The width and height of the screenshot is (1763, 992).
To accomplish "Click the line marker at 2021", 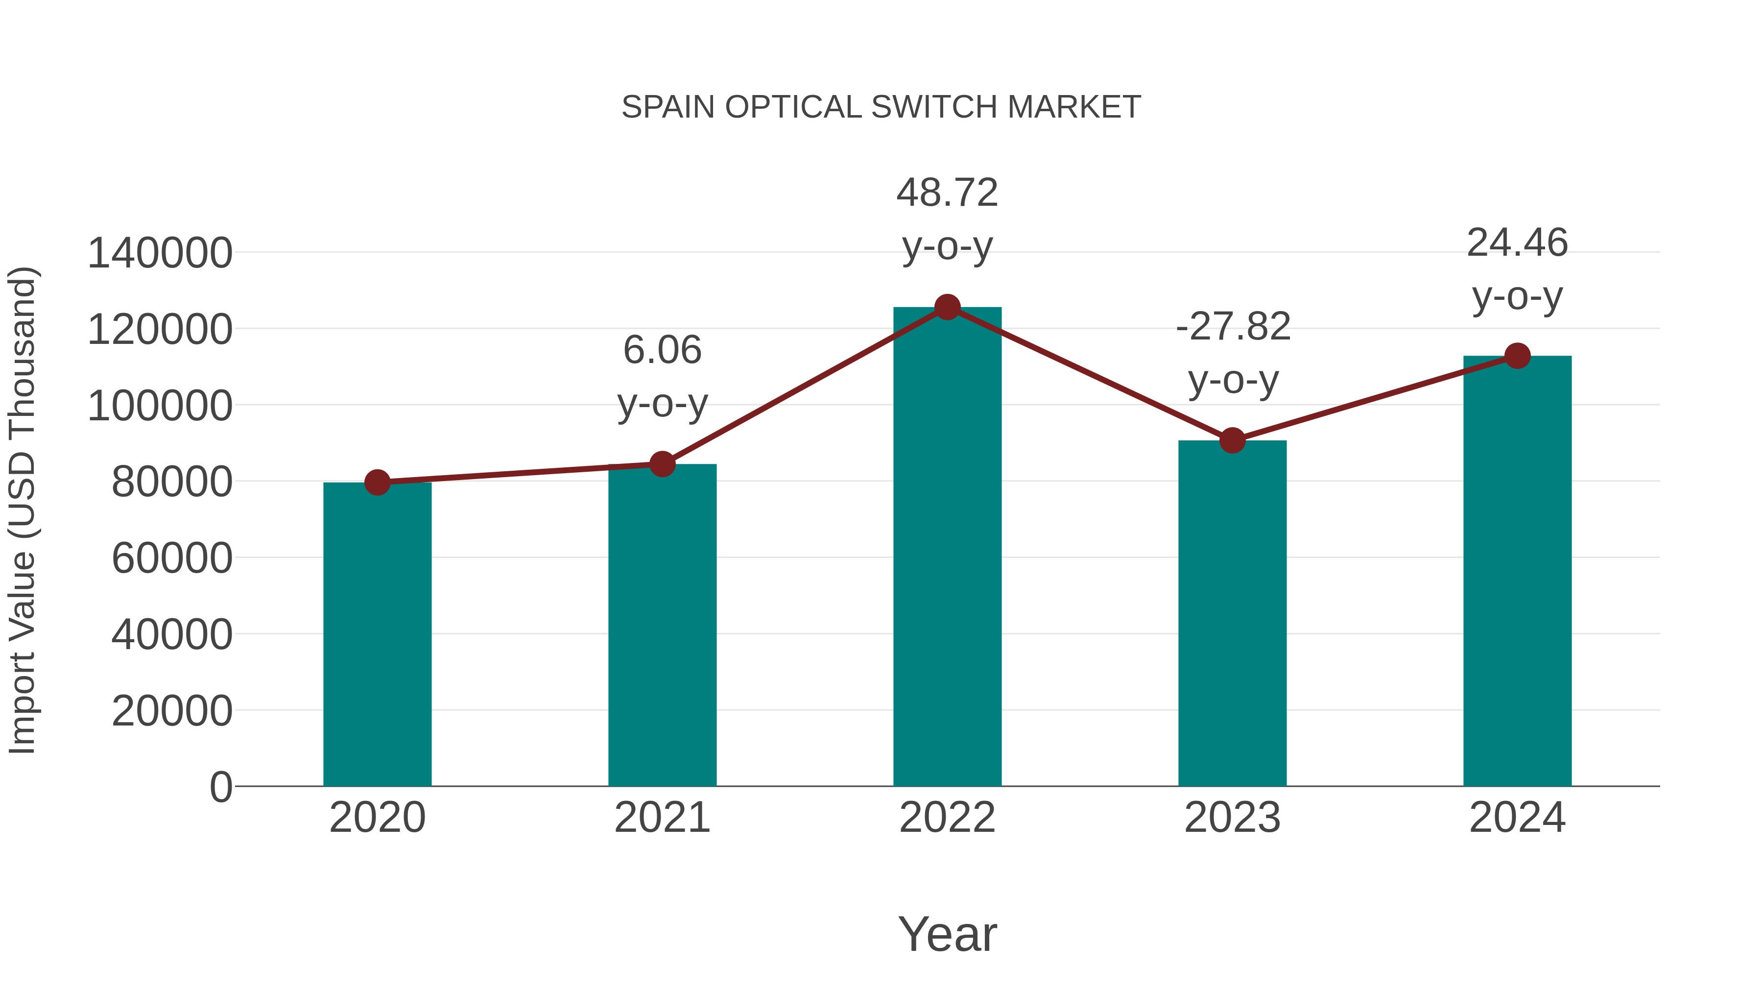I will (662, 464).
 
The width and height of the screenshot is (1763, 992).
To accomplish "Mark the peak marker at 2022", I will (947, 307).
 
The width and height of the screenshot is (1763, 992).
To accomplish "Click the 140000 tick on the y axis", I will (160, 253).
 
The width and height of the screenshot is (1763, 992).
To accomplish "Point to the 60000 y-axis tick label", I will (172, 558).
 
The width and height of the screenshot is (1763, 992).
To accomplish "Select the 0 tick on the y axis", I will (220, 787).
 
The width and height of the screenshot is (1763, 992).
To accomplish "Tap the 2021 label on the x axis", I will (662, 818).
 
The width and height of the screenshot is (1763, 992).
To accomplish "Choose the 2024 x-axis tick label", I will (1517, 818).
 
